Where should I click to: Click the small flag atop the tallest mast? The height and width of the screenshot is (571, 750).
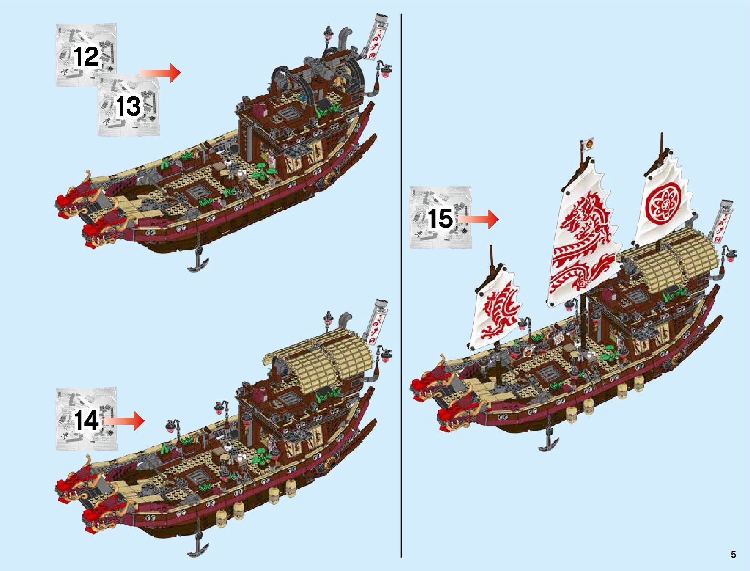tap(588, 143)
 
